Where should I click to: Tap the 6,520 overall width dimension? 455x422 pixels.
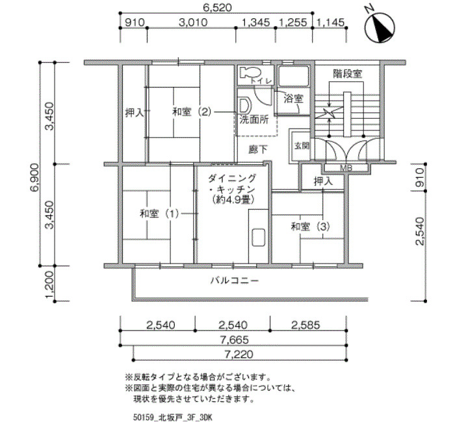(x=218, y=8)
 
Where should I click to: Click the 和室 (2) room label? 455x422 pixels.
(x=192, y=112)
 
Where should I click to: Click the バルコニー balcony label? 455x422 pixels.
(x=235, y=282)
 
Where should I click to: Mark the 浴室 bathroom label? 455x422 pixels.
(x=293, y=99)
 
